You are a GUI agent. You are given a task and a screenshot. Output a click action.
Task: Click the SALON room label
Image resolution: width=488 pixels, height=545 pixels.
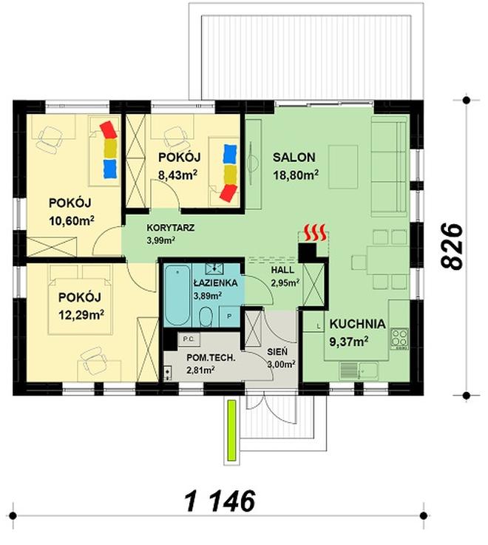tap(294, 158)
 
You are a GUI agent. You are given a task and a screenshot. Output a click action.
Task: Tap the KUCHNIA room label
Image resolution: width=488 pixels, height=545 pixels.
tap(357, 323)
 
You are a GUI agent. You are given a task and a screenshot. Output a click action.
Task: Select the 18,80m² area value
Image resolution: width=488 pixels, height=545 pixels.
tap(295, 175)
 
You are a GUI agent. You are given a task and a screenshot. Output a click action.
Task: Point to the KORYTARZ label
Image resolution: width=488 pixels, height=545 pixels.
tap(171, 229)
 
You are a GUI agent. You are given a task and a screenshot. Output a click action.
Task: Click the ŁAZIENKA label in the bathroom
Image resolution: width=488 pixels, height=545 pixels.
tap(214, 283)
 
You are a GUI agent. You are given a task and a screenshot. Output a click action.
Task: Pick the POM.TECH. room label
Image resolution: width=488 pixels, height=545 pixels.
tap(211, 358)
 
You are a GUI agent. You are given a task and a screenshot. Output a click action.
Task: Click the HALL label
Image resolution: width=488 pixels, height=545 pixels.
tap(283, 270)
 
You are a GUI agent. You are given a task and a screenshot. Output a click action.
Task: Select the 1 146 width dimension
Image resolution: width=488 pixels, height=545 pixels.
tap(219, 501)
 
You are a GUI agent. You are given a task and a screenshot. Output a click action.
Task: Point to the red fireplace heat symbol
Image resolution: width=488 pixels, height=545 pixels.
tap(316, 233)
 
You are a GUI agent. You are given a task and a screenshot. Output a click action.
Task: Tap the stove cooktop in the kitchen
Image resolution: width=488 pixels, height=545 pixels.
tap(400, 338)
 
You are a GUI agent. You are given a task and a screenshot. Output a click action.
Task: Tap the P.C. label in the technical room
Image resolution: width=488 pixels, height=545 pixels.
tap(188, 339)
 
